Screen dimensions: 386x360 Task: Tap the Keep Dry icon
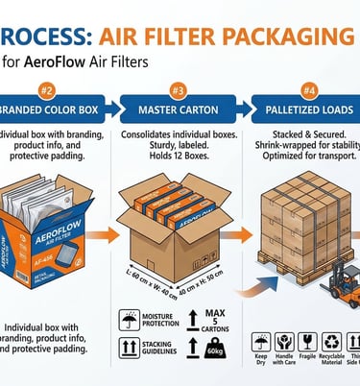[x=261, y=341]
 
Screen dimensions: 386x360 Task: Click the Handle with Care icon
[x=283, y=341]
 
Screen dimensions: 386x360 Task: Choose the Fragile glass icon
[x=306, y=341]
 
